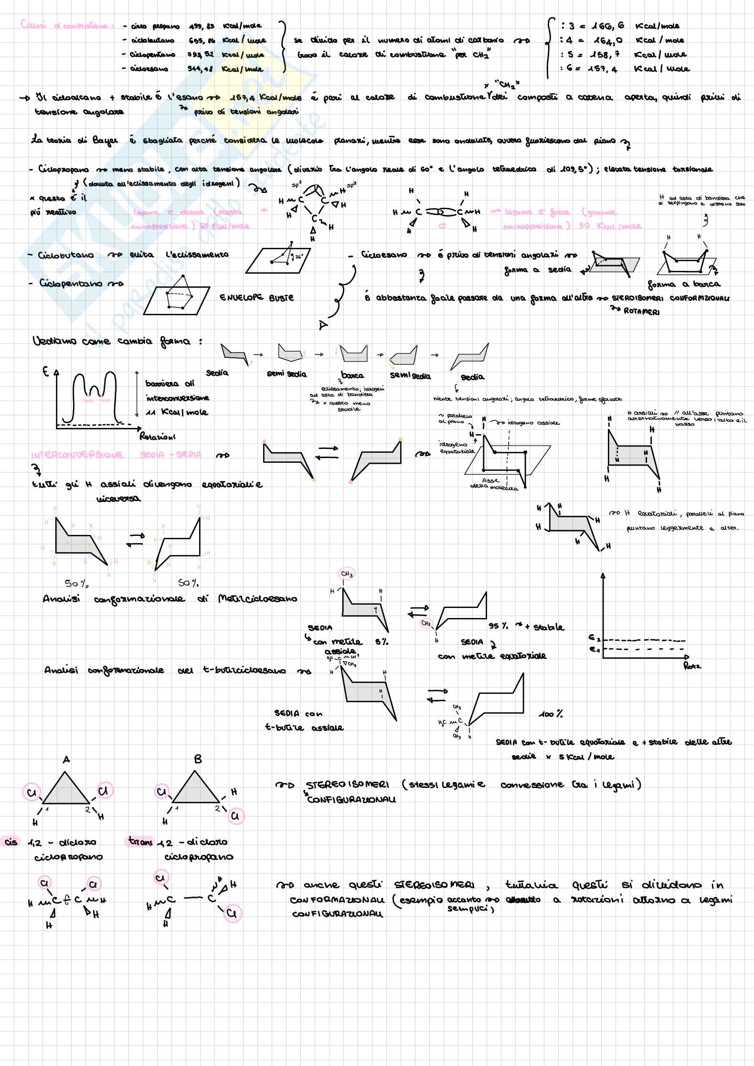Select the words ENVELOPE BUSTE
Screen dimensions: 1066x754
coord(256,298)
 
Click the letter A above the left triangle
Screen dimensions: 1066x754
coord(66,759)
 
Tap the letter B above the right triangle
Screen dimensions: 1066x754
coord(198,759)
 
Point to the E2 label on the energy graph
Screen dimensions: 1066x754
coord(593,638)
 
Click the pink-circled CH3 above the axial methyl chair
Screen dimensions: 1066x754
coord(347,574)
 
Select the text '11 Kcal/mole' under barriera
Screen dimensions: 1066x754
coord(177,412)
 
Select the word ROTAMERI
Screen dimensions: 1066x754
coord(642,312)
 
